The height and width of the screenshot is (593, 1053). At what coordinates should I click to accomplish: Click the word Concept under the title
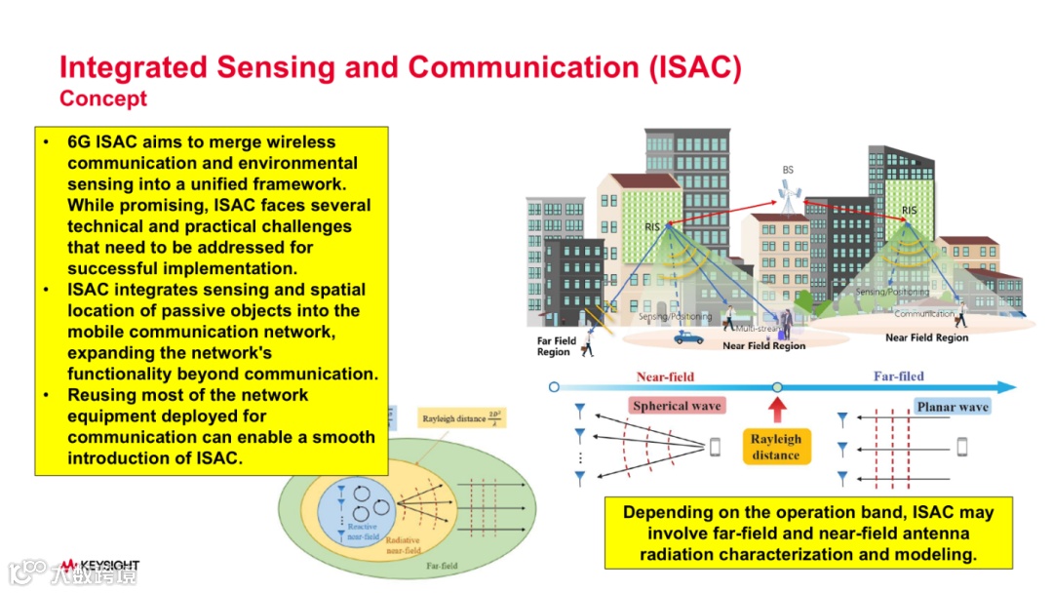[x=103, y=99]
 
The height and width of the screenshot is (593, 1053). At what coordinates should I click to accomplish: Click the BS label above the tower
[x=788, y=170]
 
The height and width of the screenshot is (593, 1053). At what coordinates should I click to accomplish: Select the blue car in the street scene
[x=688, y=336]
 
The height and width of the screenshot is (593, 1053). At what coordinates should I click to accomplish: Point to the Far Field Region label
[x=557, y=346]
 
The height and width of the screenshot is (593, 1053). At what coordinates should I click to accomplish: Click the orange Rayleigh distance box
[x=776, y=447]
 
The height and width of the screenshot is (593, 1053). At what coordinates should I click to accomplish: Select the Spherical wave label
[x=677, y=406]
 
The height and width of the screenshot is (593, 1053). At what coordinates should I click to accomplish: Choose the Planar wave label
[x=953, y=407]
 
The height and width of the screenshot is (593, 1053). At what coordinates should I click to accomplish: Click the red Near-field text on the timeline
[x=665, y=376]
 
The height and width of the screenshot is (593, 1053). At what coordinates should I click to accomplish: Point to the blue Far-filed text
[x=898, y=376]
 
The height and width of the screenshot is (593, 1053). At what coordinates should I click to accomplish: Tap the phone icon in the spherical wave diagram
[x=715, y=447]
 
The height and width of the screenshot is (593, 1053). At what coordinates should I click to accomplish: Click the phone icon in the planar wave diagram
[x=962, y=447]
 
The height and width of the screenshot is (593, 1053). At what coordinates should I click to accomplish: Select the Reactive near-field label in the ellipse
[x=362, y=533]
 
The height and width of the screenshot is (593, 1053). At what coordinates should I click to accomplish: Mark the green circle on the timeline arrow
[x=777, y=387]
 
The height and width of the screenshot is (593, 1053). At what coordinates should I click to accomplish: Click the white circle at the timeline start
[x=555, y=387]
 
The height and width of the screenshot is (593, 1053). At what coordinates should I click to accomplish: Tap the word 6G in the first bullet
[x=79, y=141]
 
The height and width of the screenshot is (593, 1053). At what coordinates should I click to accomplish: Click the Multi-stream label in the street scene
[x=757, y=329]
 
